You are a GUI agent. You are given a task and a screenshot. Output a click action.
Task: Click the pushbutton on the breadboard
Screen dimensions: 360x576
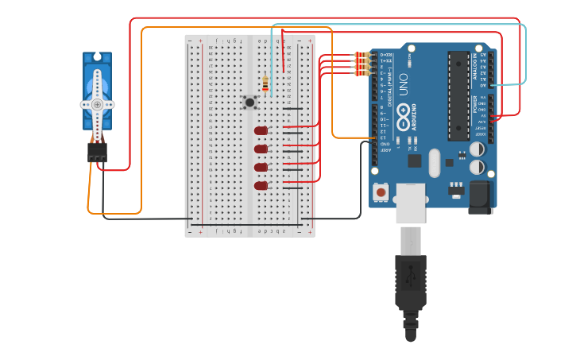(250, 102)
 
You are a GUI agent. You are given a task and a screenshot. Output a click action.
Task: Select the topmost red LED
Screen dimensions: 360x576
(261, 130)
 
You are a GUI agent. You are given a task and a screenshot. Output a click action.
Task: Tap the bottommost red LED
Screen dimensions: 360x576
(261, 185)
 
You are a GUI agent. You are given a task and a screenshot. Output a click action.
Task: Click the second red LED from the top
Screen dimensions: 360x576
(261, 149)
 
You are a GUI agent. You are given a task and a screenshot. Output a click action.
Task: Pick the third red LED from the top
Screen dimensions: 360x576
(261, 167)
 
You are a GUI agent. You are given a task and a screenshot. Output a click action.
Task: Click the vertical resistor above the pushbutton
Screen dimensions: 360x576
(265, 83)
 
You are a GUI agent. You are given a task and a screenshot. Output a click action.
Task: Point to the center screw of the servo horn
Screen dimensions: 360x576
(97, 104)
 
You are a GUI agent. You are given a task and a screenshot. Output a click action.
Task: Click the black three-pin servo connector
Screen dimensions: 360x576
(97, 152)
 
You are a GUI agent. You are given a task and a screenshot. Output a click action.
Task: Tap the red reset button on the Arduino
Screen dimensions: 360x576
(381, 192)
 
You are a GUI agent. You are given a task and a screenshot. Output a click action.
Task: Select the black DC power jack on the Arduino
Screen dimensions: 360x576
(481, 196)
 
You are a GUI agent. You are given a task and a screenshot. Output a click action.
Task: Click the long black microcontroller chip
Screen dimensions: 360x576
(458, 95)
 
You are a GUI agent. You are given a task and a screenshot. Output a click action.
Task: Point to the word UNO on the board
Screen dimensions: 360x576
(403, 84)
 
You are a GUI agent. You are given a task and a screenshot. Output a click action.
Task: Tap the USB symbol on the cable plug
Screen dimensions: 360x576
(411, 277)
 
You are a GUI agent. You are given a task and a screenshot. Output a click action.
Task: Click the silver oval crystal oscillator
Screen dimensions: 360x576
(433, 162)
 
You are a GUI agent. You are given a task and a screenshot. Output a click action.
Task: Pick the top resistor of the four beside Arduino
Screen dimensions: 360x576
(363, 55)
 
